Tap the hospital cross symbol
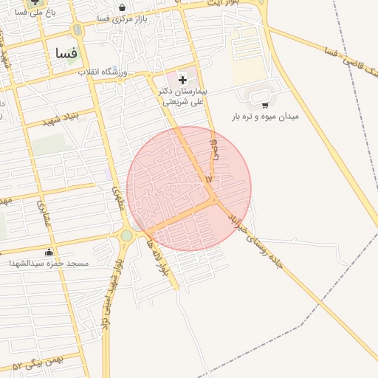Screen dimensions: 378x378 [x=183, y=79]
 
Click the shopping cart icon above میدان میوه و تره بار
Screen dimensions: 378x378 [x=265, y=105]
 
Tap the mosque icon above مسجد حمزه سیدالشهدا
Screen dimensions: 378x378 [x=49, y=252]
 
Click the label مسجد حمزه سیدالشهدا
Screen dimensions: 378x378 [x=49, y=263]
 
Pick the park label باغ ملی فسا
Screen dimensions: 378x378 [x=31, y=13]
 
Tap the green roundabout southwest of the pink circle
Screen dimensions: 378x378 [x=127, y=236]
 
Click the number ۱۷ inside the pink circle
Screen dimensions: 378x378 [x=208, y=179]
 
